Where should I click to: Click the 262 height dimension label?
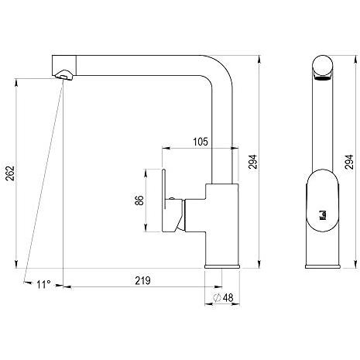tap(10, 173)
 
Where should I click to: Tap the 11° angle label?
tap(43, 285)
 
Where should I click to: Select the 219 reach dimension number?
tap(142, 280)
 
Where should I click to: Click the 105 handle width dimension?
tap(201, 142)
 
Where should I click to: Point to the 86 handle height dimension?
tap(139, 201)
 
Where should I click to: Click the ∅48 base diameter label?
tap(224, 297)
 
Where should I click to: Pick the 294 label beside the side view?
tap(252, 162)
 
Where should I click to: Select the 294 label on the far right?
tap(349, 162)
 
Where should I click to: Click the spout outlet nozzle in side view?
tap(63, 74)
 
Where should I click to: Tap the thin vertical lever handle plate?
tap(163, 189)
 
